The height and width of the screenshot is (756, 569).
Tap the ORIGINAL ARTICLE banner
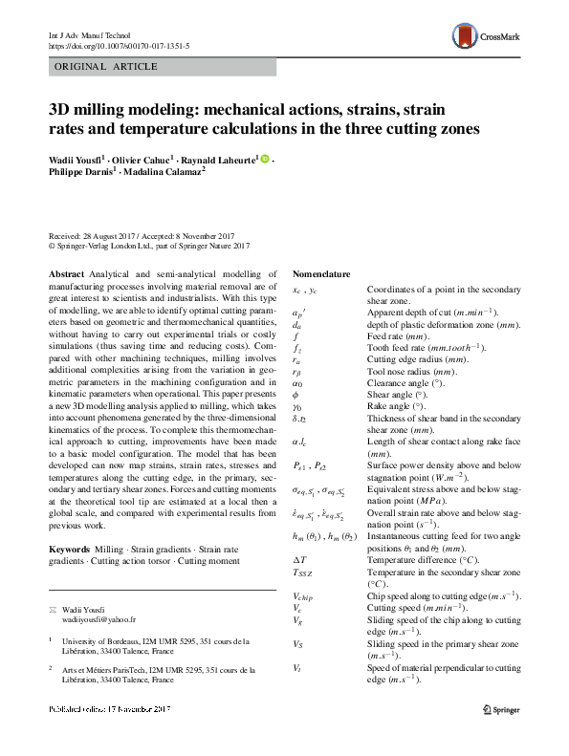96,66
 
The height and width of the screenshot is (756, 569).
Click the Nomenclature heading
321,273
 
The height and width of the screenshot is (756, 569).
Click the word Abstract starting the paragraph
66,273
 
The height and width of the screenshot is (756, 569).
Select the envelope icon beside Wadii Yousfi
54,609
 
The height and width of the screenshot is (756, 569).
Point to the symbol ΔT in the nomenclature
298,559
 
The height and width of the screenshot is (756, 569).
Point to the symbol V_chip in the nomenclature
304,595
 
